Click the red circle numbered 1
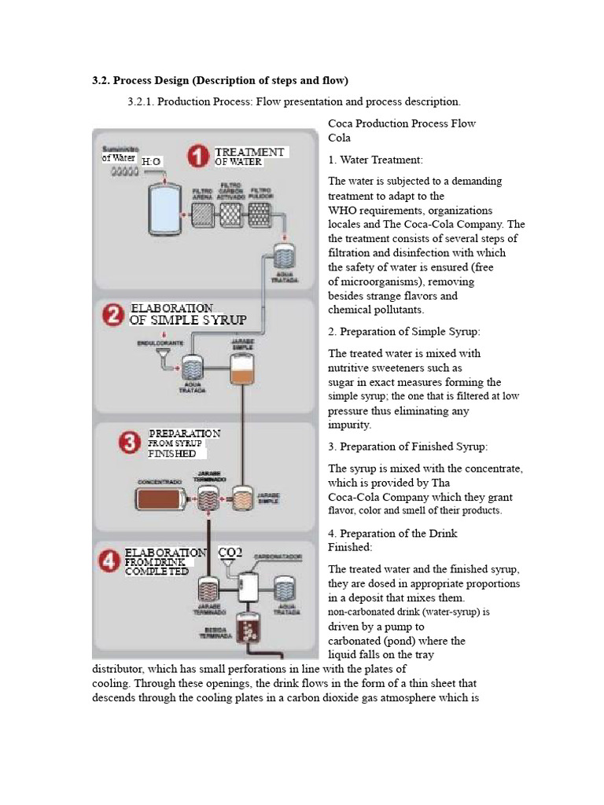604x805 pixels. coord(197,156)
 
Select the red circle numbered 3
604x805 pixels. coord(131,442)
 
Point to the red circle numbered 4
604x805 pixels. coord(109,561)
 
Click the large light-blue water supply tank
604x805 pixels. coord(164,211)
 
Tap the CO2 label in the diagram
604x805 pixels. coord(230,553)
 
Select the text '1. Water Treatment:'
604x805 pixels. coord(375,160)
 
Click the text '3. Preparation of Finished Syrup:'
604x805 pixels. coord(407,447)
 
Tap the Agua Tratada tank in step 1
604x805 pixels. coord(282,255)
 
